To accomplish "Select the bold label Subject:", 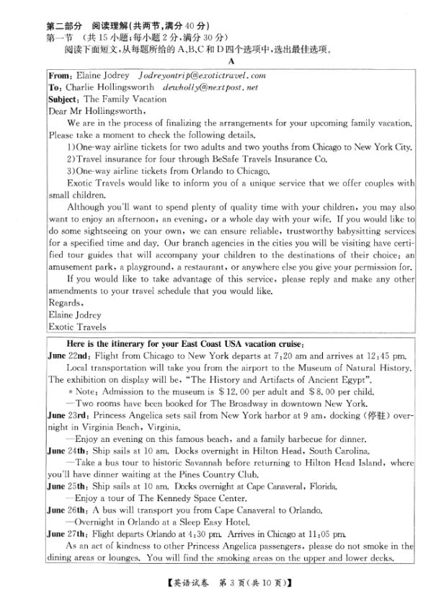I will click(64, 98).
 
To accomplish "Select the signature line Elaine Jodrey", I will click(74, 314).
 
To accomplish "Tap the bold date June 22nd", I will click(69, 355).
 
